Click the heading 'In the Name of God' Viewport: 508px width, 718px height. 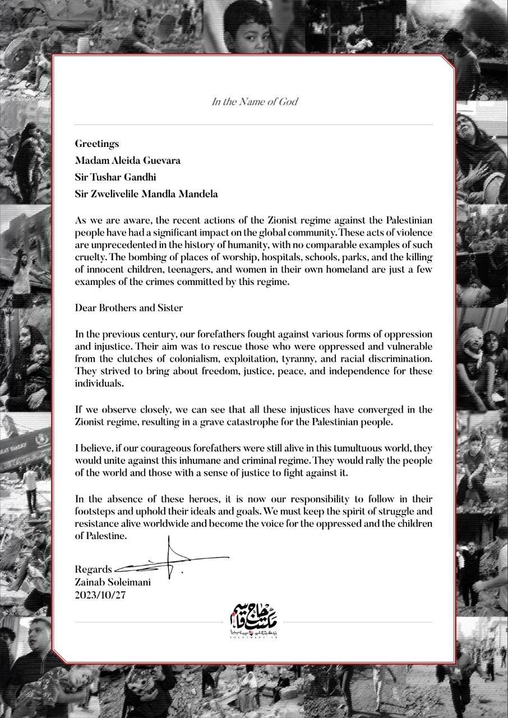[254, 102]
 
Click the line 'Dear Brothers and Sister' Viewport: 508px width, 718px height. [129, 308]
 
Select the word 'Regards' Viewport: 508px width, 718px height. [93, 568]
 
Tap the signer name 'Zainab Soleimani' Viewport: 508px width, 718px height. [113, 582]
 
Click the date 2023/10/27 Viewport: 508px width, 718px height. [101, 595]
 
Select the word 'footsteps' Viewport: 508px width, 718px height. [95, 511]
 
